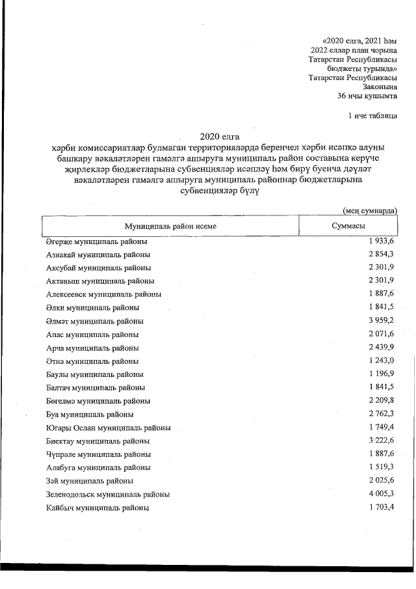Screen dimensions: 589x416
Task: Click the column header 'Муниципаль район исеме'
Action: [x=170, y=226]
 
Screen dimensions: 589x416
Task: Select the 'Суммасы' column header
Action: [x=348, y=226]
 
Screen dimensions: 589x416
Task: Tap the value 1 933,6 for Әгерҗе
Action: [x=382, y=241]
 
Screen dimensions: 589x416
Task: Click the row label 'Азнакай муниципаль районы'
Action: [x=98, y=254]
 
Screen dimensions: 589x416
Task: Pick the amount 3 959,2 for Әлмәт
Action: [x=382, y=321]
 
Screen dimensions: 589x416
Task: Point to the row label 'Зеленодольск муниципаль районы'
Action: [x=108, y=494]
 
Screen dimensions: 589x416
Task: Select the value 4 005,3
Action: [x=382, y=494]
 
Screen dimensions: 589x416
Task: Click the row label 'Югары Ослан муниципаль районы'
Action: [x=109, y=428]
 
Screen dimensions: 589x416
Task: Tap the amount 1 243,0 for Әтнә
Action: [x=382, y=361]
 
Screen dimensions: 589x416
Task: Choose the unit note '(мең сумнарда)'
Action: [x=369, y=210]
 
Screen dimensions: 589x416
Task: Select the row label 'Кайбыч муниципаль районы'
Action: [x=97, y=508]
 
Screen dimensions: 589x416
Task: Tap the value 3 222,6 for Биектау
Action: [x=382, y=441]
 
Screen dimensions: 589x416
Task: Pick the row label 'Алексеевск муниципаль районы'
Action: [x=104, y=294]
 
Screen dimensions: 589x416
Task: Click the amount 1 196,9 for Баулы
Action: [x=382, y=374]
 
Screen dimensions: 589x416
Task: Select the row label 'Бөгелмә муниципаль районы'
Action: [x=98, y=401]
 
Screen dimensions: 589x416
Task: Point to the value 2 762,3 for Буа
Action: [x=382, y=414]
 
